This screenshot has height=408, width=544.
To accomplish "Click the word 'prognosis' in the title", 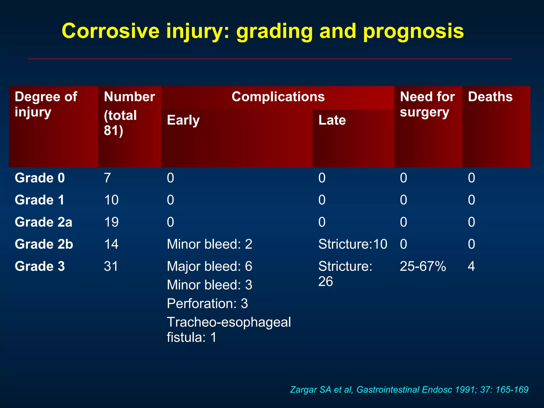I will [413, 31].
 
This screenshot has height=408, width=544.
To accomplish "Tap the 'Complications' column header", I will [278, 97].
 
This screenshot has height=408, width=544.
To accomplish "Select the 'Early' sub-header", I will [183, 120].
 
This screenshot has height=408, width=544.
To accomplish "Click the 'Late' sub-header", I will [332, 120].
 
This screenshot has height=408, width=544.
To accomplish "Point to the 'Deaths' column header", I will [490, 97].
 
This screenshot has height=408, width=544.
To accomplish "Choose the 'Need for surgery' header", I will [427, 104].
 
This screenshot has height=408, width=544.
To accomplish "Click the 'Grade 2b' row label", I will [44, 244].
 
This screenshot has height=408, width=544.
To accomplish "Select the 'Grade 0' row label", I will [40, 178].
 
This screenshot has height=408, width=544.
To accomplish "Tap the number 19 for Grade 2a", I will [111, 222].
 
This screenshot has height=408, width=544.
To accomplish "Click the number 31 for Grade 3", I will [111, 266].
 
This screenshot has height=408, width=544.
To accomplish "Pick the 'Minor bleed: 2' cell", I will [209, 244].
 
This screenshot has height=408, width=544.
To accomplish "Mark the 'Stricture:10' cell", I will [352, 244].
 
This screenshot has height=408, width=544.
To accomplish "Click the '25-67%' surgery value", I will [423, 266].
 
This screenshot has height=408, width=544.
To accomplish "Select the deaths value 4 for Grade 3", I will [471, 266].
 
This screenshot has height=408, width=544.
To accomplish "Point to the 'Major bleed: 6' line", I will [209, 266].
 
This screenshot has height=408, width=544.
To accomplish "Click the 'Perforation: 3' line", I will [207, 304].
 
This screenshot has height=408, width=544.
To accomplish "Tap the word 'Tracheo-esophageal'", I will [229, 322].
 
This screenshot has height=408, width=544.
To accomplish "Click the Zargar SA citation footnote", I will [409, 390].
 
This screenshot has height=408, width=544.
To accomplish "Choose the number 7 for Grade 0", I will [107, 178].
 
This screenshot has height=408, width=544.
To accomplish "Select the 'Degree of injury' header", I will [46, 104].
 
